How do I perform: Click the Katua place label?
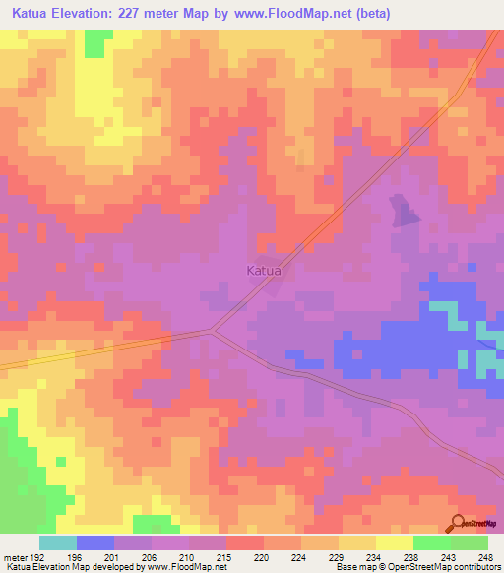[263, 269]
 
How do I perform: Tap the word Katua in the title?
[36, 14]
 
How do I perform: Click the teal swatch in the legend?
[58, 542]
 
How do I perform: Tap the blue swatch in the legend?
[95, 542]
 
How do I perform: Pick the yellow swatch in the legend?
[395, 542]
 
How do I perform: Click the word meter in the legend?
[15, 556]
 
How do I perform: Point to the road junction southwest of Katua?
[211, 331]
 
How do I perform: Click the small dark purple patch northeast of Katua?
[403, 212]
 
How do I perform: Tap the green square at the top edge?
[95, 42]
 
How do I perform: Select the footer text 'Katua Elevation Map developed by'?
[71, 567]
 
